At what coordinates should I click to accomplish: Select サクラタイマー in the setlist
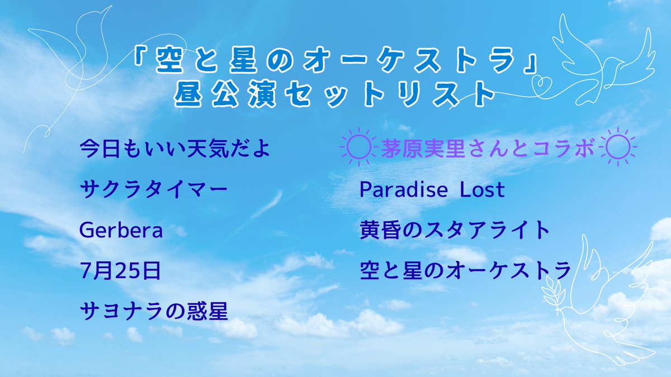pyautogui.click(x=154, y=190)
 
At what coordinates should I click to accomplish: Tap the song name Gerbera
pyautogui.click(x=121, y=230)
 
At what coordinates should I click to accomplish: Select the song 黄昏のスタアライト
pyautogui.click(x=455, y=230)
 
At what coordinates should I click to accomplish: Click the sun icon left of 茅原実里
pyautogui.click(x=358, y=148)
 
